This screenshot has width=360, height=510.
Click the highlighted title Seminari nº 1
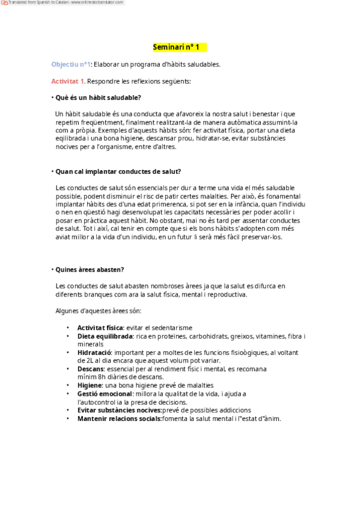pos(180,47)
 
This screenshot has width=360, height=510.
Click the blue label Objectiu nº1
pos(71,64)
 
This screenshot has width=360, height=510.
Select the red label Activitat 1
pos(68,81)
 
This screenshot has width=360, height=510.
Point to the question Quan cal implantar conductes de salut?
pos(118,171)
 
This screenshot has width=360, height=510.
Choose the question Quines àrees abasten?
pos(90,269)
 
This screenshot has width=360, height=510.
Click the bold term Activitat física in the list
pos(100,327)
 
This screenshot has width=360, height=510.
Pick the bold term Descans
pos(91,369)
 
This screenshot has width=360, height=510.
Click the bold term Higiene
pos(90,385)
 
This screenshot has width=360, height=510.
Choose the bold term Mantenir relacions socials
pos(119,419)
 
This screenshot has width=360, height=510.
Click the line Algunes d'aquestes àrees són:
pos(98,311)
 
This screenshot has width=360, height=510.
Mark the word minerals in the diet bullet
pos(90,344)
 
